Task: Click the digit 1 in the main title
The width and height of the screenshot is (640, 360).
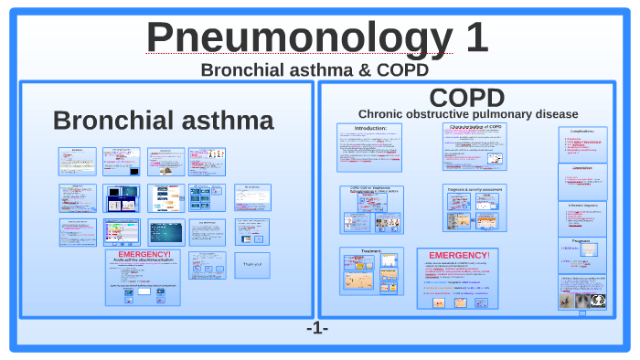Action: [x=472, y=37]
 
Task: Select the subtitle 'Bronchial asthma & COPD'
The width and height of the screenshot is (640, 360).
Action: [x=315, y=69]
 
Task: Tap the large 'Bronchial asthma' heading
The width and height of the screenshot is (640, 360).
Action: [x=163, y=121]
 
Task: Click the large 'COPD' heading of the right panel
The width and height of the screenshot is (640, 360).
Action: [x=466, y=98]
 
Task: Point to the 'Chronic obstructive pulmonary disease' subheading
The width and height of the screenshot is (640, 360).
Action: [x=467, y=113]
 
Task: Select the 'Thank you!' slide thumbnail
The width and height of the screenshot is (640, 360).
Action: [x=251, y=265]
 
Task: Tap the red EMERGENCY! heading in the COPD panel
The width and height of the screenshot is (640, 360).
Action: [x=459, y=254]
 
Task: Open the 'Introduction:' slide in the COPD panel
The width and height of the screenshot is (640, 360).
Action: [x=370, y=147]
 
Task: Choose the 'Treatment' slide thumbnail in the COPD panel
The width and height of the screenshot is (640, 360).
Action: [x=372, y=270]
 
